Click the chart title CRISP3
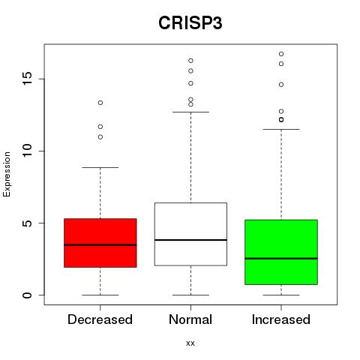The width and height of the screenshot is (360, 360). click(190, 23)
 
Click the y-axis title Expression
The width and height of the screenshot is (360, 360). click(7, 174)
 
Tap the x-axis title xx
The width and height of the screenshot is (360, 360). click(190, 343)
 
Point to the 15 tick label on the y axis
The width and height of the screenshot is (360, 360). click(27, 79)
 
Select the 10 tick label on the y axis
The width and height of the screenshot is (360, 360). click(27, 151)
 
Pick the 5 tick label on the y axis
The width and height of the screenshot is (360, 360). click(27, 223)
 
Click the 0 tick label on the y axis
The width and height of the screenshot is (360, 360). click(27, 295)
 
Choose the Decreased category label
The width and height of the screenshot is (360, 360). click(100, 319)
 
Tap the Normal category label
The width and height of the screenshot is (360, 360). click(190, 319)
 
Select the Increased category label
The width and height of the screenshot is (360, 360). click(281, 319)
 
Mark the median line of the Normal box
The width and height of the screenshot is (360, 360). click(190, 240)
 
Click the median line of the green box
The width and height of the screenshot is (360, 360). click(281, 259)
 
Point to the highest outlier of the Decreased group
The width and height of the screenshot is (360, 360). click(100, 103)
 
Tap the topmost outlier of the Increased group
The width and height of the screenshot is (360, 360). click(281, 54)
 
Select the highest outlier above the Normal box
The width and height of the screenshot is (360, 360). click(190, 61)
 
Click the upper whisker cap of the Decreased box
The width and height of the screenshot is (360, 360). click(100, 167)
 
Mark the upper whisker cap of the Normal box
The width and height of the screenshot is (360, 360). click(190, 112)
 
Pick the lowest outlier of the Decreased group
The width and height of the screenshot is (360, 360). click(100, 137)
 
